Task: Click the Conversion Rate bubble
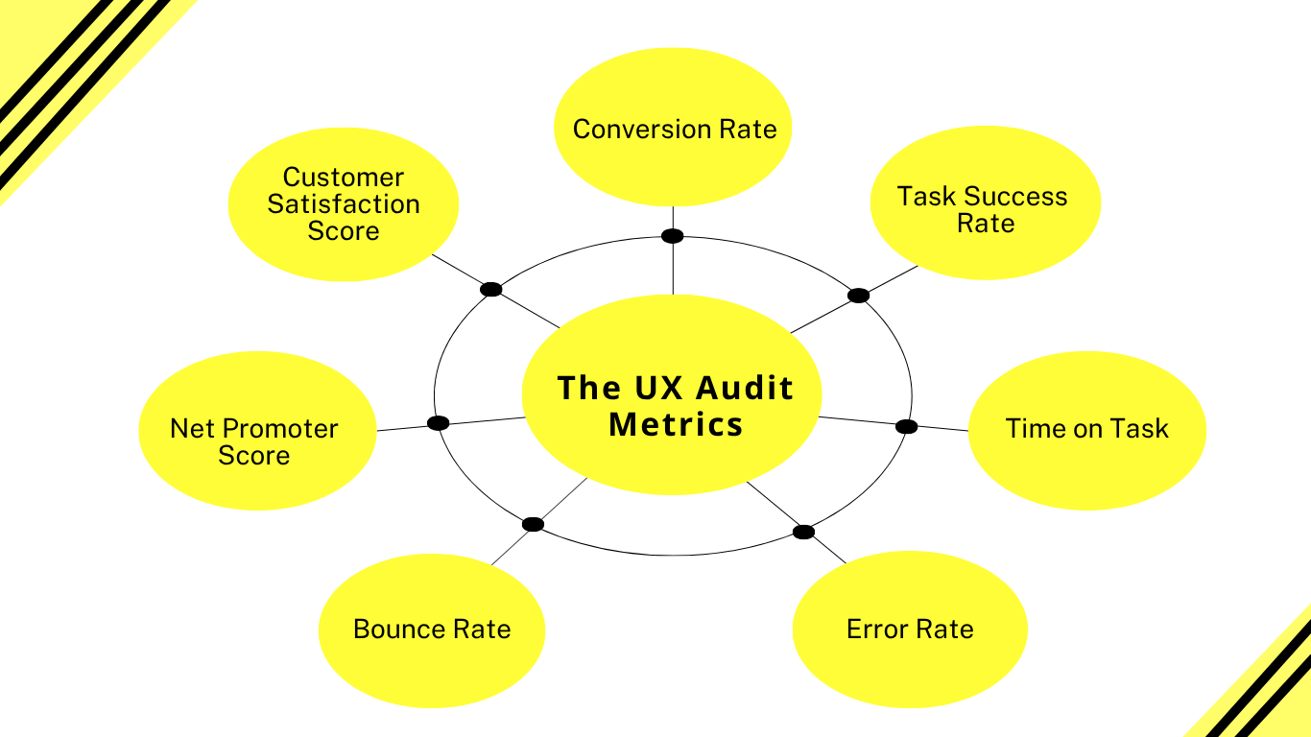pyautogui.click(x=674, y=129)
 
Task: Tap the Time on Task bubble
pyautogui.click(x=1086, y=429)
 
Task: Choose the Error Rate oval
pyautogui.click(x=910, y=630)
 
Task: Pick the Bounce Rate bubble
pyautogui.click(x=432, y=630)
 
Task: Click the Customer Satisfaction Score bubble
pyautogui.click(x=344, y=203)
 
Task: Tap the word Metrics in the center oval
pyautogui.click(x=676, y=424)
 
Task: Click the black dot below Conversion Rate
pyautogui.click(x=673, y=236)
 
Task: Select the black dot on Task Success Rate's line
pyautogui.click(x=858, y=296)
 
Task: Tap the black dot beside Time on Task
pyautogui.click(x=906, y=426)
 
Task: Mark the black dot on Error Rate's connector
pyautogui.click(x=803, y=532)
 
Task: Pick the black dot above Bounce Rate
pyautogui.click(x=533, y=524)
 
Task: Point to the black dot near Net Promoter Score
pyautogui.click(x=438, y=423)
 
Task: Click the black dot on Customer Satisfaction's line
pyautogui.click(x=490, y=289)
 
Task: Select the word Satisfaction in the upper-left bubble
pyautogui.click(x=344, y=204)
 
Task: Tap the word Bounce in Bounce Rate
pyautogui.click(x=393, y=630)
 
